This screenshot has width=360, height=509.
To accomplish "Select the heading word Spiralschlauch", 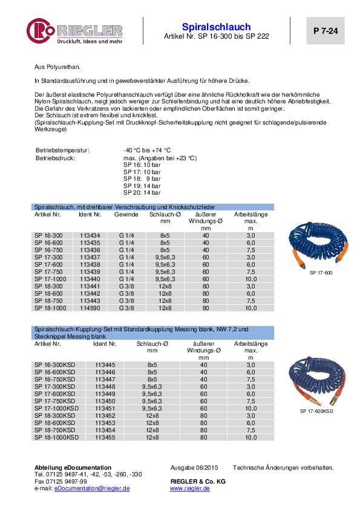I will point(216,27).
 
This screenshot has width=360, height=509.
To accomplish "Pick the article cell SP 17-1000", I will point(50,280).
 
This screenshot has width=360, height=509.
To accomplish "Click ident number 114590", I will point(90,308).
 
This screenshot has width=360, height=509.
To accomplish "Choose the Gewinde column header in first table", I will point(128,215).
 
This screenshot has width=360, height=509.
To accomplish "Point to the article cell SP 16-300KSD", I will point(55,365).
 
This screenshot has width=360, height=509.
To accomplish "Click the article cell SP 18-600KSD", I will point(55,422).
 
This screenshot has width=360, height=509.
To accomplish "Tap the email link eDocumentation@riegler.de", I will point(92,488).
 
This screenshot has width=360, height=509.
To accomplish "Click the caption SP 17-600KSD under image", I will point(318,411).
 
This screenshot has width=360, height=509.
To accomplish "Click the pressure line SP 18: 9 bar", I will point(142,179).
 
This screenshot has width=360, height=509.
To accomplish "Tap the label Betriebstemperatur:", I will point(62,150).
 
